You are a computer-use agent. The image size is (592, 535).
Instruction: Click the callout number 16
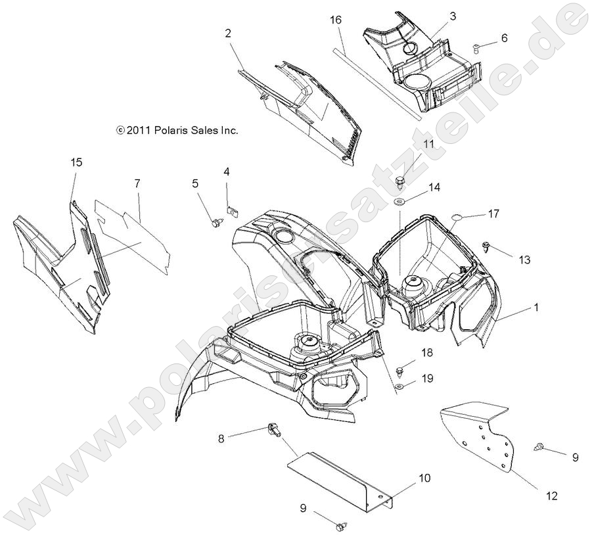[x=335, y=21]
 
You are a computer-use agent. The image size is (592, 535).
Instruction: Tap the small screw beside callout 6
[x=477, y=45]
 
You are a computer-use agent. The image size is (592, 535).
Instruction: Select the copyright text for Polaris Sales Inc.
[x=177, y=130]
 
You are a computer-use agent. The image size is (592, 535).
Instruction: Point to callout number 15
[x=77, y=162]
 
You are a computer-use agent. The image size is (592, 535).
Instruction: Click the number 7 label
[x=137, y=183]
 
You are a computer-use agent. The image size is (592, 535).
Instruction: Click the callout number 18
[x=427, y=353]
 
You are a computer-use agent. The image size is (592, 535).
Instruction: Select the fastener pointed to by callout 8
[x=275, y=431]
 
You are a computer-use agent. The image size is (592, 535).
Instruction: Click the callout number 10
[x=424, y=478]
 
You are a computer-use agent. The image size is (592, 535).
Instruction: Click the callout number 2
[x=228, y=34]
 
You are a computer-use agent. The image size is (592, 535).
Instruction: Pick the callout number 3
[x=453, y=16]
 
